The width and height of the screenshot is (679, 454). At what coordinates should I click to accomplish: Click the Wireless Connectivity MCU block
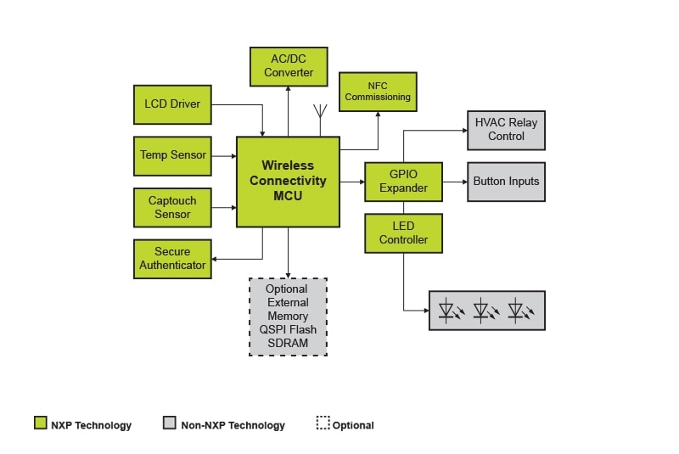coord(288,182)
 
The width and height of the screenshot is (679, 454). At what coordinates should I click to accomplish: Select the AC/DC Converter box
coord(289,66)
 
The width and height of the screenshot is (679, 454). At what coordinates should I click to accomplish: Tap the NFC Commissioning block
coord(378,92)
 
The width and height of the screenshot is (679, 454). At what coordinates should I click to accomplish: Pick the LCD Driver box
coord(172,104)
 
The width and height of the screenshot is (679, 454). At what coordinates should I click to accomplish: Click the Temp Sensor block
coord(172,155)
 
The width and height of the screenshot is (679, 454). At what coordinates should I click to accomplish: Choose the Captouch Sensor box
coord(172,207)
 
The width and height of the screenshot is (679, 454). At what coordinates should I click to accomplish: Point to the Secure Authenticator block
coord(172,259)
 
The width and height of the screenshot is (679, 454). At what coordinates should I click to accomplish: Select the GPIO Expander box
coord(403,182)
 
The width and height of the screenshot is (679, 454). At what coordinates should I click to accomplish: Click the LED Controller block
coord(403,233)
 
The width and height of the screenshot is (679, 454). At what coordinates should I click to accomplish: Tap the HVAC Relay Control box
coord(506,130)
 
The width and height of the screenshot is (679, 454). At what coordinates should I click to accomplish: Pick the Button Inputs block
coord(506,182)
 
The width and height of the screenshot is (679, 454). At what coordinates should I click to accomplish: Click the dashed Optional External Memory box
coord(288,317)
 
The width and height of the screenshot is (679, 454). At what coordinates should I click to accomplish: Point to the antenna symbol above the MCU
coord(321,112)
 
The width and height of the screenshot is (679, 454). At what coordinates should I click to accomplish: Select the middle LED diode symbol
coord(485,311)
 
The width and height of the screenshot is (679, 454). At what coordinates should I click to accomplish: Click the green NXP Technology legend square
coord(40,423)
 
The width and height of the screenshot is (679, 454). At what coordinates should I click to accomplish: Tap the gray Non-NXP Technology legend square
coord(169,423)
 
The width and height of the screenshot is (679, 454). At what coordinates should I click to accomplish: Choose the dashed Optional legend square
coord(323,423)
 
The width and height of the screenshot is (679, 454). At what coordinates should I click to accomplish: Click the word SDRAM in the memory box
coord(288,343)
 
